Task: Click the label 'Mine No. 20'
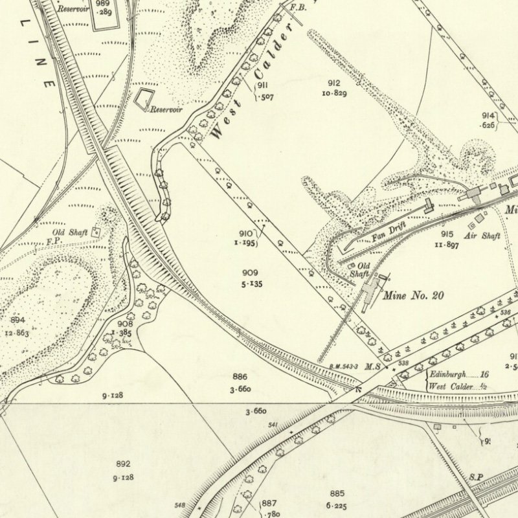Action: click(414, 296)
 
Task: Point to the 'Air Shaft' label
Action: click(483, 236)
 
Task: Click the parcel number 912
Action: click(334, 83)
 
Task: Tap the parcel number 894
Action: click(17, 320)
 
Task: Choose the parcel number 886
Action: click(240, 376)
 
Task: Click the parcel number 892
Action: click(123, 464)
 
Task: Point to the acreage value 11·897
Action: click(451, 245)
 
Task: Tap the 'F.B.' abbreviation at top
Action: click(298, 7)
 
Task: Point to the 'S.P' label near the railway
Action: click(477, 477)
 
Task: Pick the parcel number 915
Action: click(447, 234)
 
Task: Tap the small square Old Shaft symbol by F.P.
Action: click(97, 231)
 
